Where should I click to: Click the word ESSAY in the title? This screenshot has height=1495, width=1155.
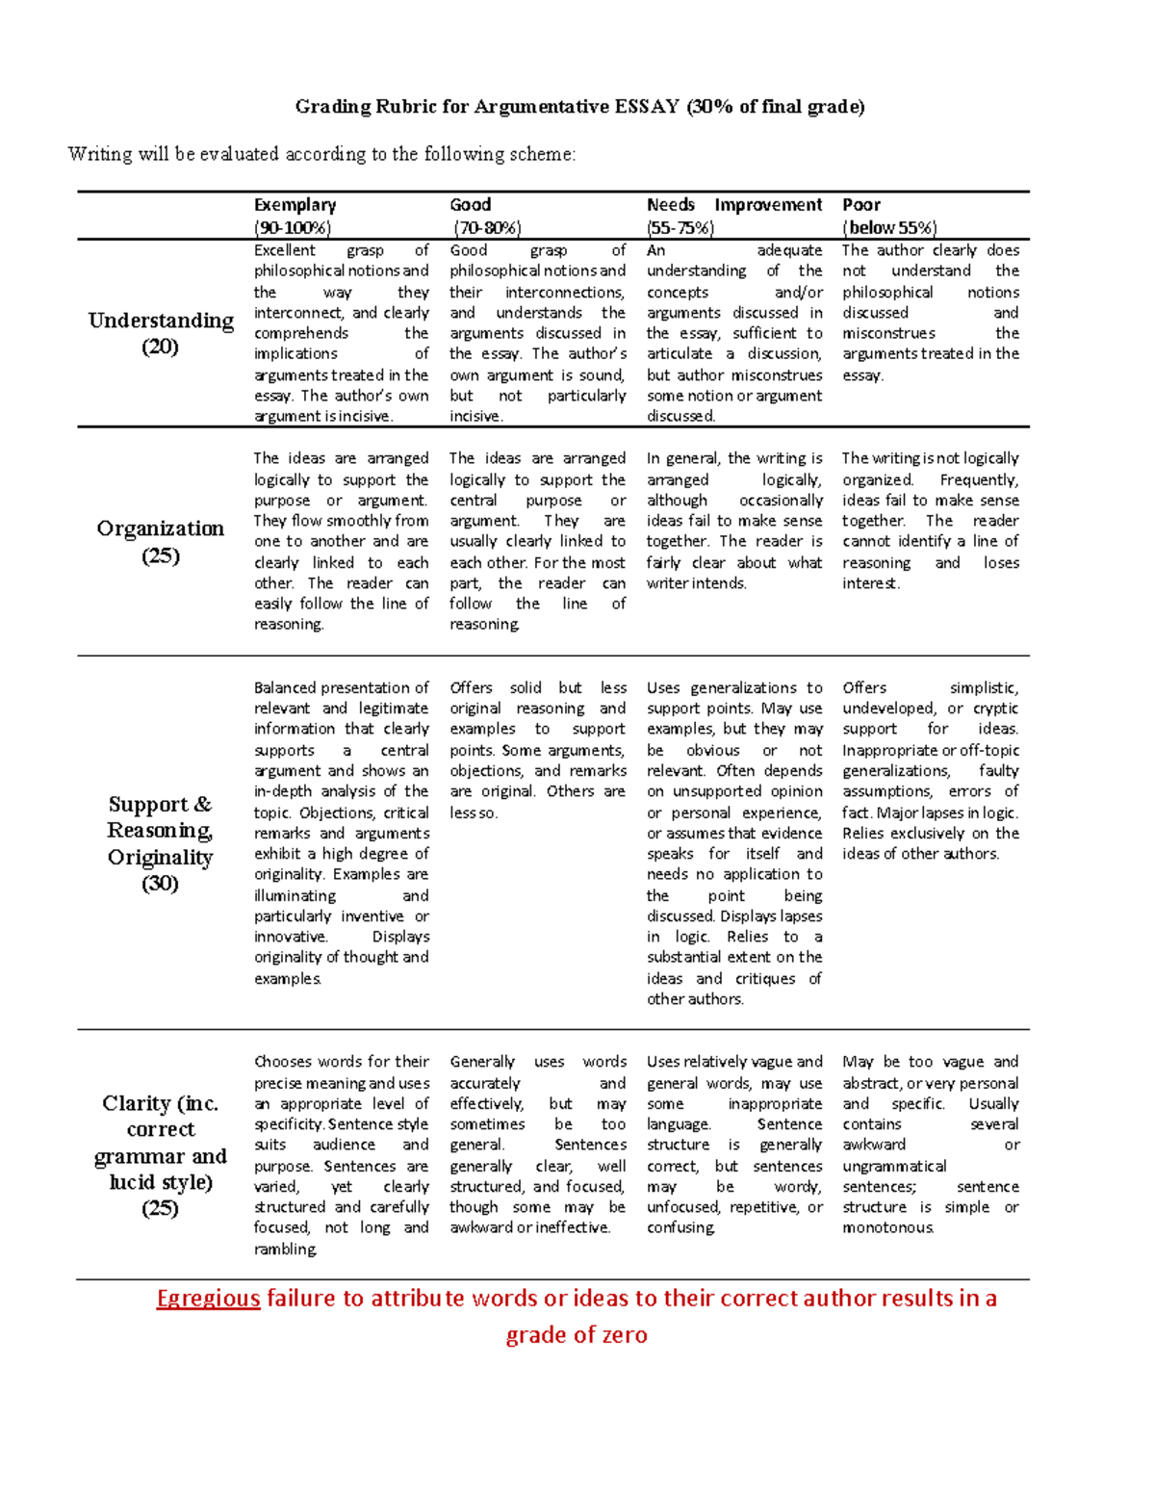tap(646, 107)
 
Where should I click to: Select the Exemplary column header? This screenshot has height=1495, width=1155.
tap(295, 205)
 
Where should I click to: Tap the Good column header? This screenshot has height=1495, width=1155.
tap(470, 205)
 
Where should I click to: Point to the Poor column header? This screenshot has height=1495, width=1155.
tap(861, 205)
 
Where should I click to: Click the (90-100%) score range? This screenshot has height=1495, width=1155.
tap(293, 228)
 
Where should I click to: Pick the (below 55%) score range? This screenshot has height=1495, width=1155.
tap(889, 228)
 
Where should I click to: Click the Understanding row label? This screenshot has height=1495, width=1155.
tap(161, 321)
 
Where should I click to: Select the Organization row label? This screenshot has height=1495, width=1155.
tap(161, 528)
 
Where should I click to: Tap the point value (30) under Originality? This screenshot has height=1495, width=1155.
tap(160, 884)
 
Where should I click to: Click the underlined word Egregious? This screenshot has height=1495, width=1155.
tap(209, 1299)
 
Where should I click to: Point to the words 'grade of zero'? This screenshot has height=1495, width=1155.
tap(577, 1335)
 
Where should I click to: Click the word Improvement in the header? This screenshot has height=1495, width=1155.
tap(768, 205)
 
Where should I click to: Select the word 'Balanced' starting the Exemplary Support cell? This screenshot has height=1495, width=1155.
tap(285, 688)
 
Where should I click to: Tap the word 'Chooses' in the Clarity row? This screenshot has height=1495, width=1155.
tap(283, 1062)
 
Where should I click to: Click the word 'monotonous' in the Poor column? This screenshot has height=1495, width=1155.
tap(887, 1228)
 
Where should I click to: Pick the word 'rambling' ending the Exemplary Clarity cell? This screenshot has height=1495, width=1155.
tap(285, 1250)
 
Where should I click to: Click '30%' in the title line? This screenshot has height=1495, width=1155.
tap(710, 107)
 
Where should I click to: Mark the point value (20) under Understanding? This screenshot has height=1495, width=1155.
tap(160, 348)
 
